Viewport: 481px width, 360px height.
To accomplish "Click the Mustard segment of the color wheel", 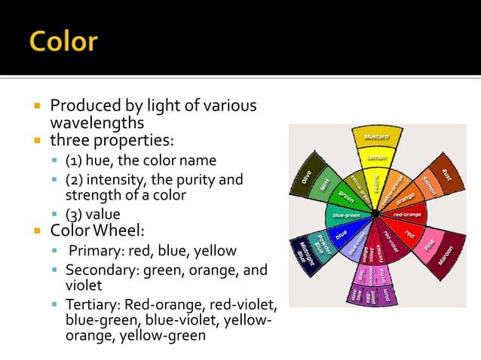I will coord(376,137).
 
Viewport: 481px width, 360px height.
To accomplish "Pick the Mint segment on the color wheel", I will coord(323,182).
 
